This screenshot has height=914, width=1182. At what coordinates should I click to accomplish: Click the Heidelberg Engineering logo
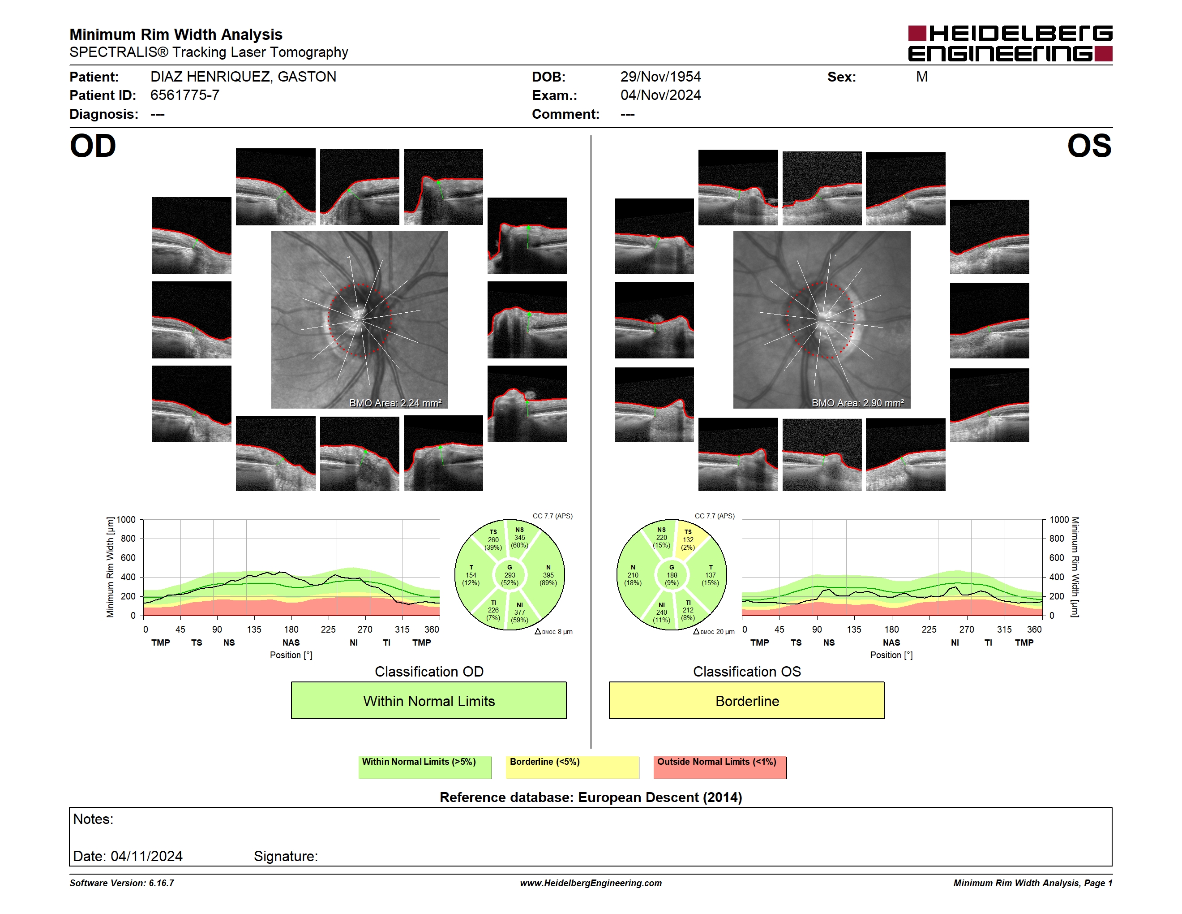[1010, 43]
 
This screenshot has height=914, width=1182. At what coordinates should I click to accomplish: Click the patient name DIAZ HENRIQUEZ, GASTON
[243, 77]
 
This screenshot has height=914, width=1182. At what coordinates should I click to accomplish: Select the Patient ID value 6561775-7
[184, 95]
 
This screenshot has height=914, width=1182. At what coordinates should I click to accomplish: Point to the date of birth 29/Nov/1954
[660, 77]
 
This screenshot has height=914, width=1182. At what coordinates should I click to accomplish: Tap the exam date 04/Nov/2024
[660, 95]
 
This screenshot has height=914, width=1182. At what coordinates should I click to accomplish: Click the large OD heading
[93, 146]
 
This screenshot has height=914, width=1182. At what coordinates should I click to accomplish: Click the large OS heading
[1089, 146]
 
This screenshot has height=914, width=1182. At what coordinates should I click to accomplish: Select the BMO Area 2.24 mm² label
[395, 403]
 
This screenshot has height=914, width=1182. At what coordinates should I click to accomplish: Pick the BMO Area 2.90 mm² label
[857, 403]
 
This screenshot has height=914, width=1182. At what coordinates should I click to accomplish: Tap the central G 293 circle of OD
[509, 575]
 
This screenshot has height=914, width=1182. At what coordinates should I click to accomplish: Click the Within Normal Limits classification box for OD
[428, 701]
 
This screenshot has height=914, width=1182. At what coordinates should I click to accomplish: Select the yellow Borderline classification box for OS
[746, 701]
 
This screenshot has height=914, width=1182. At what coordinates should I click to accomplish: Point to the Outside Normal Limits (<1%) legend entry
[720, 767]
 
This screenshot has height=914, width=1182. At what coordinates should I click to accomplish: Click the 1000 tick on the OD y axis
[125, 520]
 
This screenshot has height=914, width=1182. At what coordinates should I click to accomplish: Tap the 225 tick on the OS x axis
[929, 629]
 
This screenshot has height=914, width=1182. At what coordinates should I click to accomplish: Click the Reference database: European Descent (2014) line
[591, 797]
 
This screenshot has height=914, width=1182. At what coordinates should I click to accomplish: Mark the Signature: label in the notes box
[286, 856]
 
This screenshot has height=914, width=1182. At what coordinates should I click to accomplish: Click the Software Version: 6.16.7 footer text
[122, 883]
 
